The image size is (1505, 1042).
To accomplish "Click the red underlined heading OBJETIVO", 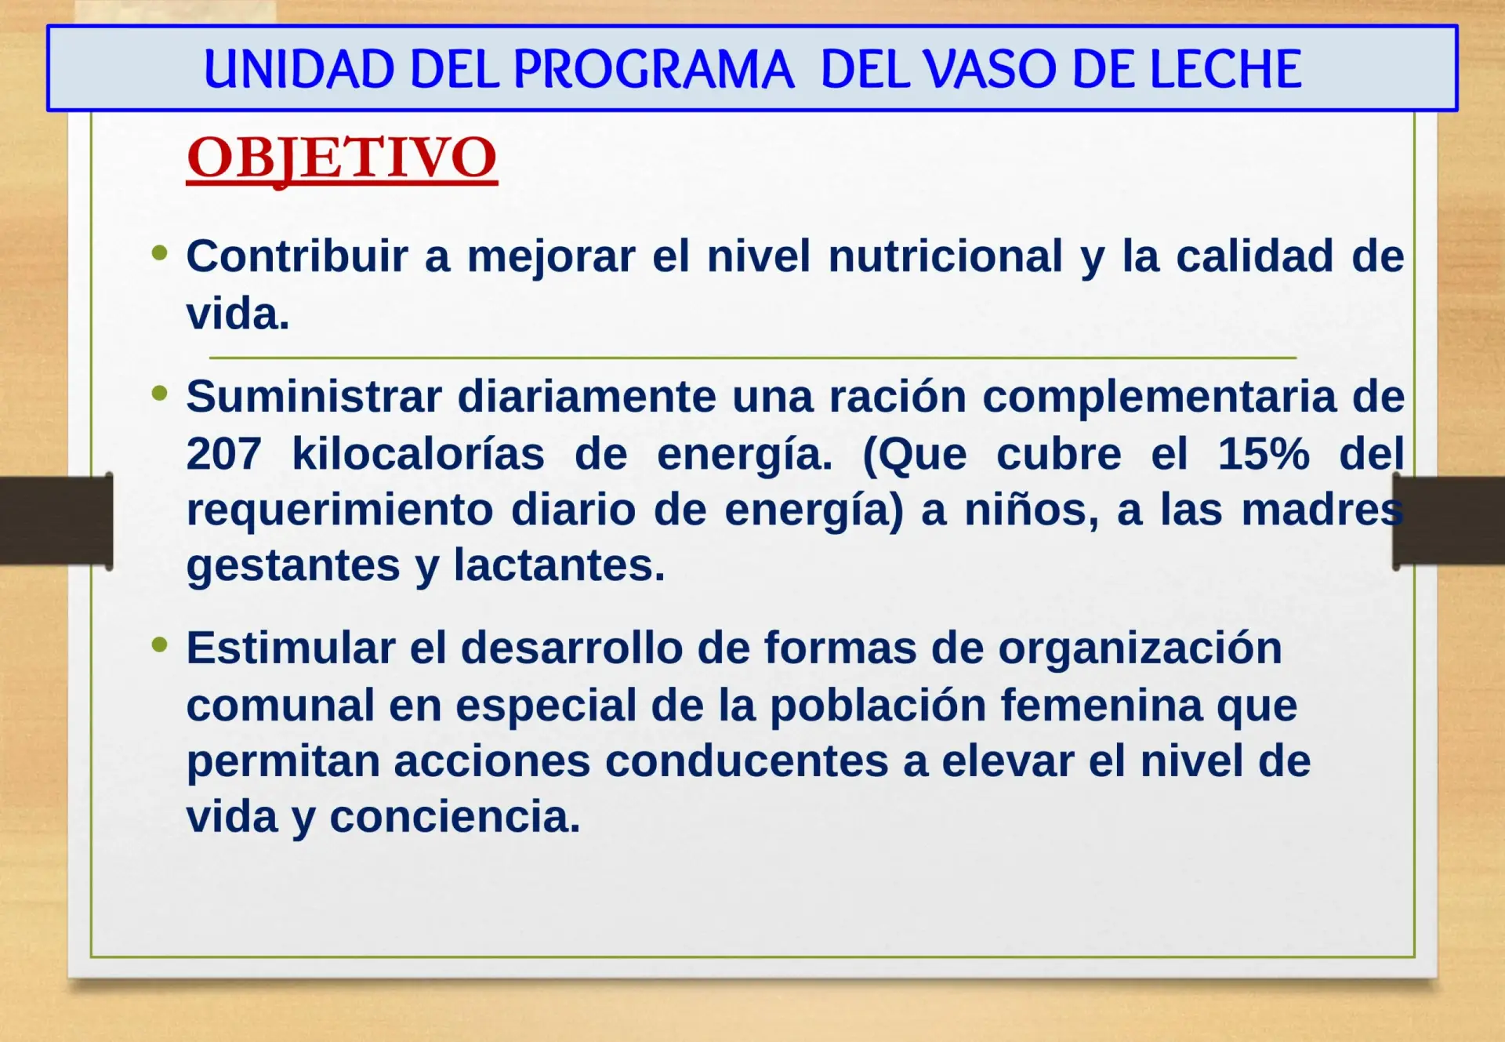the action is click(342, 159).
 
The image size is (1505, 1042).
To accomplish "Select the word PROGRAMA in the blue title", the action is click(655, 69).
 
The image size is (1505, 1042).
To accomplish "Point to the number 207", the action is click(223, 453).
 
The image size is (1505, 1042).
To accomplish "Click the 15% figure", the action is click(1264, 453).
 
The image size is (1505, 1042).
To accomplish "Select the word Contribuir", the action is click(297, 256).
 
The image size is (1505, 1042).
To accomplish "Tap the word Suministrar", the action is click(314, 396).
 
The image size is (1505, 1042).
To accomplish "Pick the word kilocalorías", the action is click(418, 453).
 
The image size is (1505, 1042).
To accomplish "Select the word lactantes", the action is click(559, 565).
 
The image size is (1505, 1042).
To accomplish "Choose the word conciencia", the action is click(455, 816).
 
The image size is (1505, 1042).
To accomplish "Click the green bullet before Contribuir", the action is click(160, 252).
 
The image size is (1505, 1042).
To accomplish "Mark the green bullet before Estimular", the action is click(160, 644).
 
